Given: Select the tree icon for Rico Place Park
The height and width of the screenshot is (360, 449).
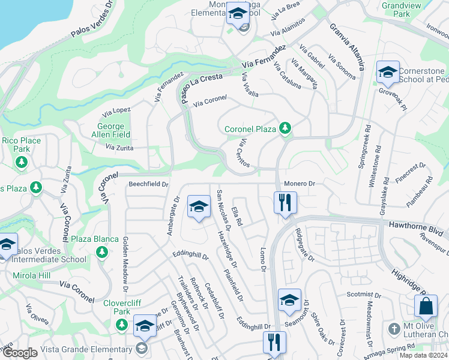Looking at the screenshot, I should tap(22, 161).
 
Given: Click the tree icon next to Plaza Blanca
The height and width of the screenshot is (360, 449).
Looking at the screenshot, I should tap(100, 251).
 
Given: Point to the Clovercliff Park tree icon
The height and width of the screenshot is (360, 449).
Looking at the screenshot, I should tap(122, 325).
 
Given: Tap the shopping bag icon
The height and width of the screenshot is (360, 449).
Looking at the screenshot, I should tap(426, 306).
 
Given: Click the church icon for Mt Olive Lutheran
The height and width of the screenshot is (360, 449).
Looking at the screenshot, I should tap(394, 329).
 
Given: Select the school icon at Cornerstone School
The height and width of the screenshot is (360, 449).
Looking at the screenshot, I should tap(388, 73).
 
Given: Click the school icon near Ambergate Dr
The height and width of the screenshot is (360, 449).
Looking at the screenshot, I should tap(199, 207).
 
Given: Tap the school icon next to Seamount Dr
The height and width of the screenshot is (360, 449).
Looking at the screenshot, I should tap(289, 299).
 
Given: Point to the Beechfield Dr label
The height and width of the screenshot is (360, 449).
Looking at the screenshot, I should tap(148, 184).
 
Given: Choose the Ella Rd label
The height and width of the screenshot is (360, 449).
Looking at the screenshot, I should tap(237, 217).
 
